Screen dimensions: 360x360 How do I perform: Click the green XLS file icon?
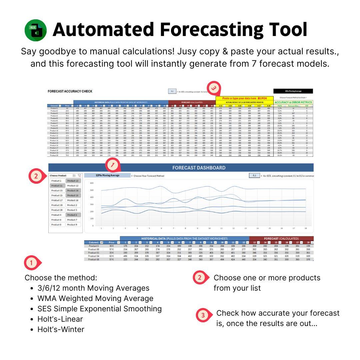(36, 30)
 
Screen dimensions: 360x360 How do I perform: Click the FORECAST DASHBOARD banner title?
(199, 168)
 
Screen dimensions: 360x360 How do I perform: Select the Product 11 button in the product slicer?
(57, 186)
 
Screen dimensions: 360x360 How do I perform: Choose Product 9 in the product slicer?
(72, 225)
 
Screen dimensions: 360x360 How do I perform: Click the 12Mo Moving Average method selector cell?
(107, 175)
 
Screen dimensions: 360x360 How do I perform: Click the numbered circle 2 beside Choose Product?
(36, 176)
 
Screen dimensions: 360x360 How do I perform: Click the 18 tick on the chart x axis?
(306, 229)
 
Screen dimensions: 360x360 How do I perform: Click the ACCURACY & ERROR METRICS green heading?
(293, 102)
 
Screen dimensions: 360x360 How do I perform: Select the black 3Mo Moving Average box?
(293, 91)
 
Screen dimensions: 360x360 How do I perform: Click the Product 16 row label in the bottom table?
(94, 259)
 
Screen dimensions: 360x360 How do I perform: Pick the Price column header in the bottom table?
(111, 242)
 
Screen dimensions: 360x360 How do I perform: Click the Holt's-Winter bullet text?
(61, 329)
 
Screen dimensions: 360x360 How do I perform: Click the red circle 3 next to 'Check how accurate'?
(202, 315)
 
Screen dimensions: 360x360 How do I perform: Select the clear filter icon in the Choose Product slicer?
(79, 175)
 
